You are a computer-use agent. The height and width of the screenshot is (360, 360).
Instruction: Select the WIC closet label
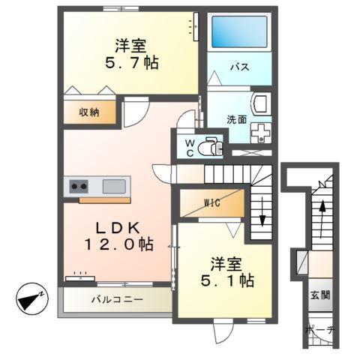211,202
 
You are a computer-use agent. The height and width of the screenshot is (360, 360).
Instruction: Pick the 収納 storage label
89,112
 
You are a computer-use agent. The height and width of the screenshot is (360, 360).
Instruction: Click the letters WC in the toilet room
189,144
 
